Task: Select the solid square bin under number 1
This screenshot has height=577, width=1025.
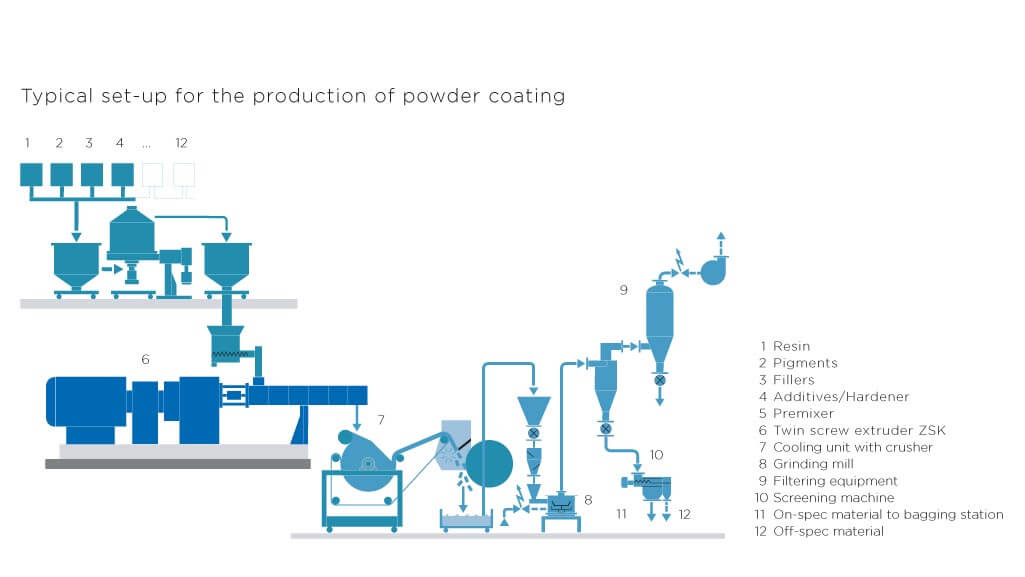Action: tap(31, 174)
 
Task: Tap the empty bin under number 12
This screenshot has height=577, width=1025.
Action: tap(182, 174)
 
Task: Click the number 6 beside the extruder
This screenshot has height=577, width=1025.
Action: tap(145, 357)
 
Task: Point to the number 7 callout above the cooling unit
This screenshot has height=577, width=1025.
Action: tap(380, 418)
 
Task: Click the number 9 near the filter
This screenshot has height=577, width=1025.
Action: tap(623, 290)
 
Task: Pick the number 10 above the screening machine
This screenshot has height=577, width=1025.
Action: tap(656, 455)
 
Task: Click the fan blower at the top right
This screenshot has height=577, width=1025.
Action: tap(714, 270)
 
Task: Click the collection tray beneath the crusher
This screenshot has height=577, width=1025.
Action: tap(466, 519)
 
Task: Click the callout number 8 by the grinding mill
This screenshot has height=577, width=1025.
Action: tap(588, 498)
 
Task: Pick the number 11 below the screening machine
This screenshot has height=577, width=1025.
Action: tap(621, 514)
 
